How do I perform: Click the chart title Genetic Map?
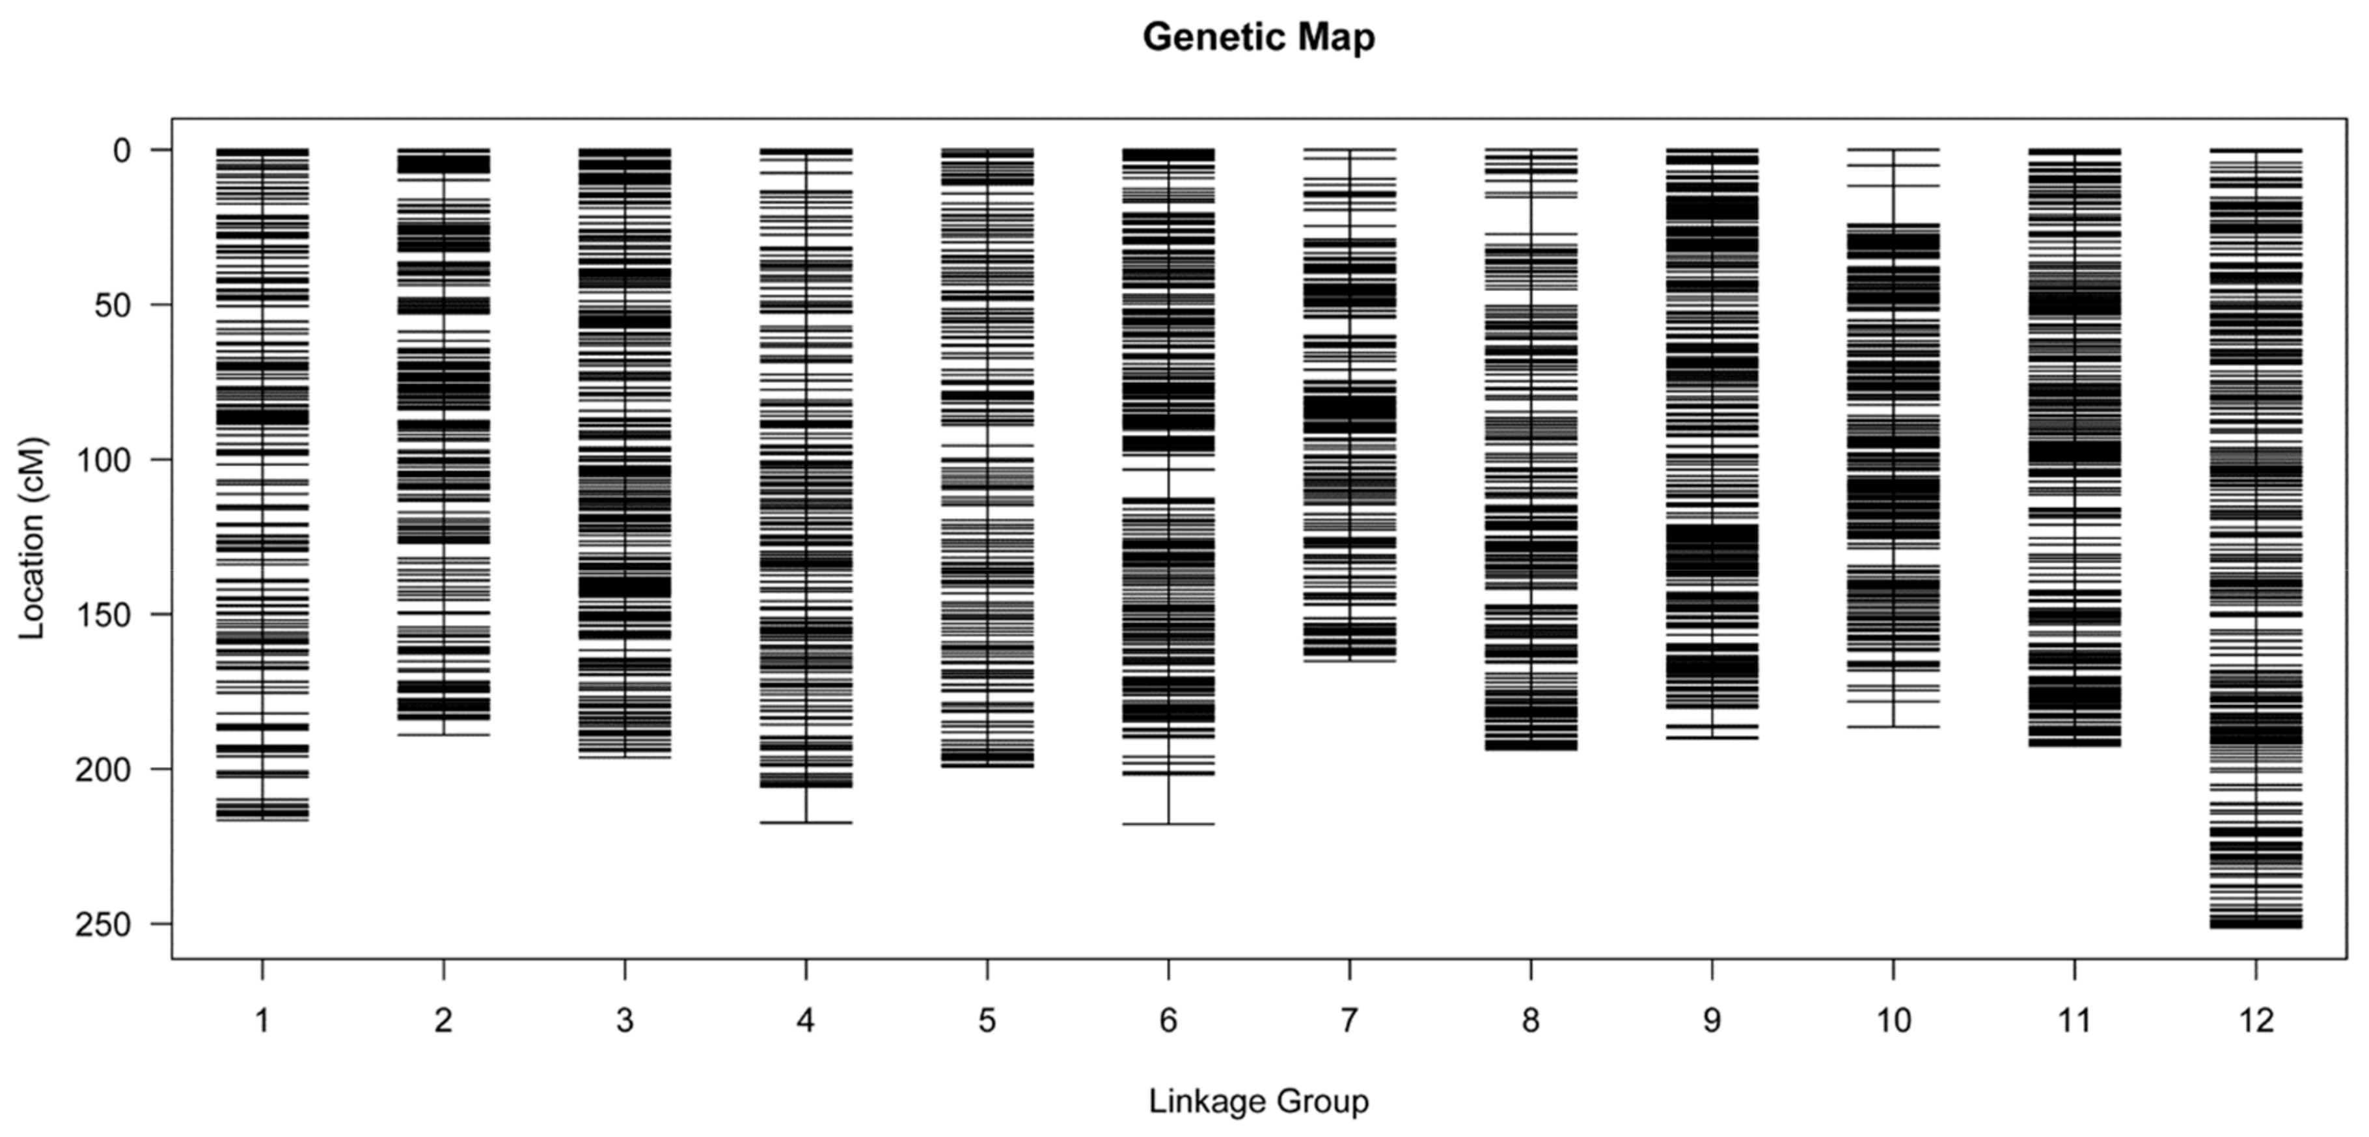[x=1258, y=38]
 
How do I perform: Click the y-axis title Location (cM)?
[x=31, y=538]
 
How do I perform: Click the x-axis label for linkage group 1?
[x=262, y=1020]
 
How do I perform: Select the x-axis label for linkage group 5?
[x=987, y=1020]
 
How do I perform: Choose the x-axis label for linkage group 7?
[x=1349, y=1020]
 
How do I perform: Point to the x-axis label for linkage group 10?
[x=1893, y=1020]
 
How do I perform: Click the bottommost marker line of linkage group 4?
[x=806, y=822]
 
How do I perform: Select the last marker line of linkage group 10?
[x=1893, y=727]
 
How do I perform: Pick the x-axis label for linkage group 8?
[x=1530, y=1020]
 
